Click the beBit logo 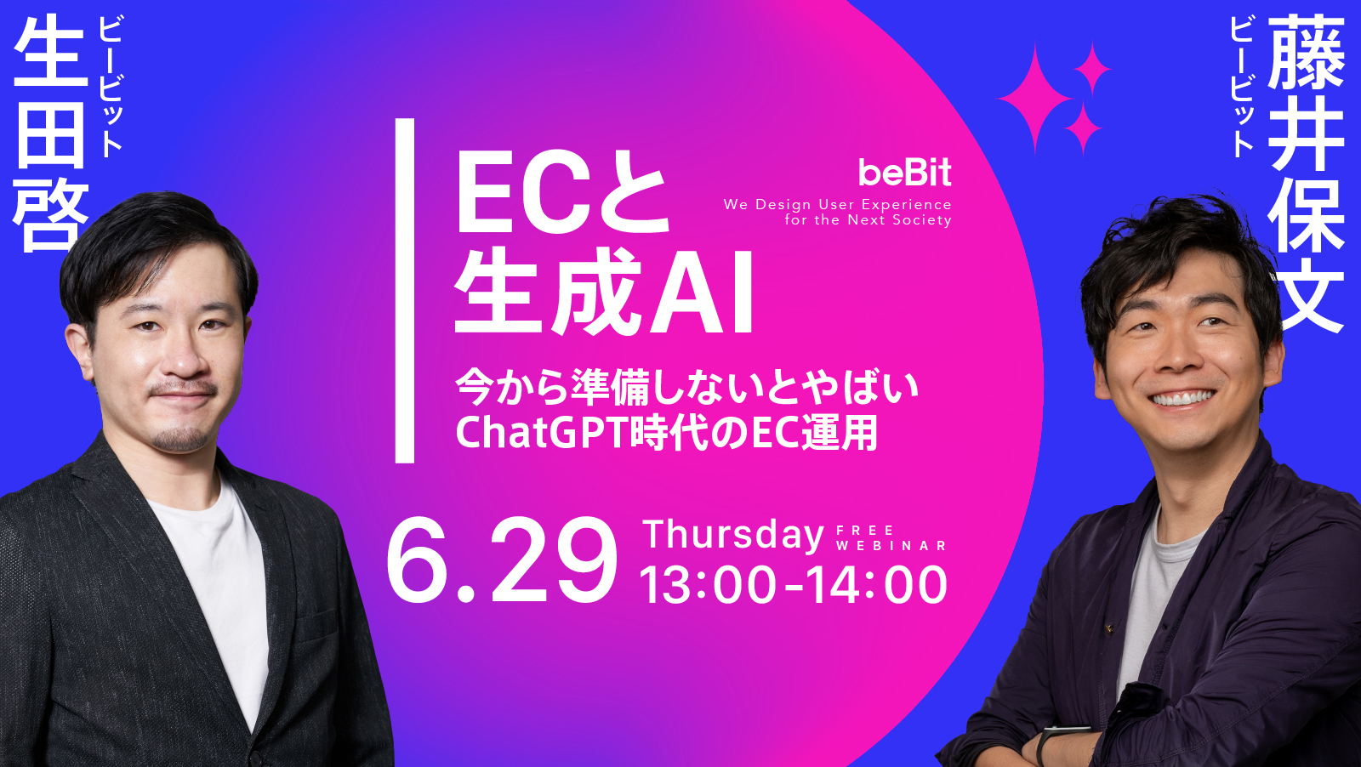pyautogui.click(x=904, y=173)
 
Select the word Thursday pyautogui.click(x=733, y=535)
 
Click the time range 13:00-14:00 pyautogui.click(x=793, y=585)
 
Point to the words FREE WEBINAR pyautogui.click(x=890, y=538)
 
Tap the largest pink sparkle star pyautogui.click(x=1035, y=99)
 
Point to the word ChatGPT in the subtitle pyautogui.click(x=541, y=433)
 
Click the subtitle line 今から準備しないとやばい pyautogui.click(x=687, y=387)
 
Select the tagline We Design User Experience pyautogui.click(x=837, y=204)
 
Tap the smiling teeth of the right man pyautogui.click(x=1182, y=398)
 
